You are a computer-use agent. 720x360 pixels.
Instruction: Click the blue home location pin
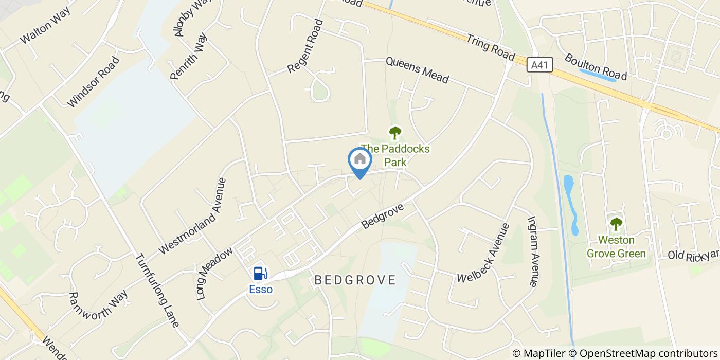pos(360,160)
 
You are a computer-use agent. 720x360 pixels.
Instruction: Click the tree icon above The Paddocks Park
pos(394,133)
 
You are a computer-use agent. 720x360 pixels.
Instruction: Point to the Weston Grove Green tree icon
pos(616,224)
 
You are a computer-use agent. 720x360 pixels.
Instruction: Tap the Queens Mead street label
pos(417,70)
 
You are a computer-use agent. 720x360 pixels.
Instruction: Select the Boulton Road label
pos(596,67)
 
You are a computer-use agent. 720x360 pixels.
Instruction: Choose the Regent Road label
pos(305,46)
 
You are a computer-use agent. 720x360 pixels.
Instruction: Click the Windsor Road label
pos(93,82)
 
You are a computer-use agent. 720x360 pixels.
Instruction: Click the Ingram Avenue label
pos(532,251)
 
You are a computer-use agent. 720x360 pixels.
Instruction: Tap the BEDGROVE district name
pos(355,280)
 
